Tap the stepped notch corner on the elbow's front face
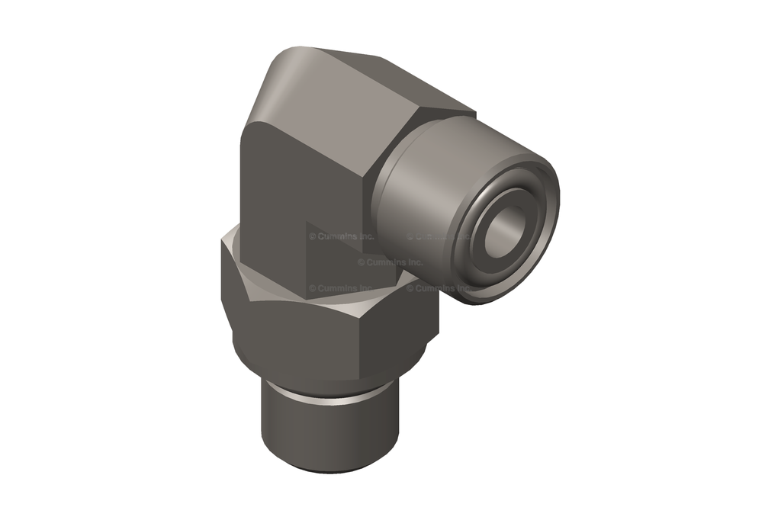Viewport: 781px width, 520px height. [x=307, y=223]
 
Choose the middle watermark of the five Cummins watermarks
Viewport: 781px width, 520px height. [x=390, y=262]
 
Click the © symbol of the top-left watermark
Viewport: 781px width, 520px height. [x=313, y=237]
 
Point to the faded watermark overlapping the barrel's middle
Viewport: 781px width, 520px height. [x=439, y=237]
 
